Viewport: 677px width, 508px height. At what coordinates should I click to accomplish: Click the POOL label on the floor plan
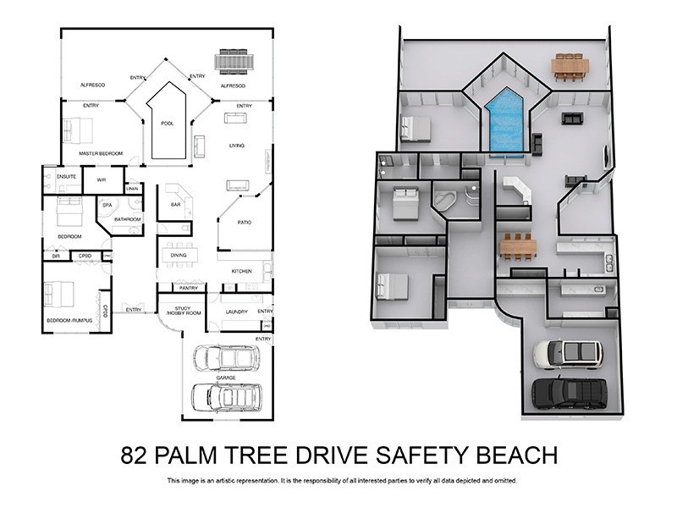click(167, 124)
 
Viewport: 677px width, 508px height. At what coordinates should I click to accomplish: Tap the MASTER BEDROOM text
click(101, 153)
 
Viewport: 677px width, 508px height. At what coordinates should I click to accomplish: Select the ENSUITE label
click(67, 176)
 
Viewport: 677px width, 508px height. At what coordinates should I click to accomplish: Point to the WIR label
click(101, 179)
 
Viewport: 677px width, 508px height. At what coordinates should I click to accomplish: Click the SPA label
click(107, 205)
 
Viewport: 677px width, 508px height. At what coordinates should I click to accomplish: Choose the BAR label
click(176, 204)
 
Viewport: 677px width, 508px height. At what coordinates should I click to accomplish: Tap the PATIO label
click(230, 222)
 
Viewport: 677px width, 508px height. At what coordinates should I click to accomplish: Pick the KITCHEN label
click(241, 271)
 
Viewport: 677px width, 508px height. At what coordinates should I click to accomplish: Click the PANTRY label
click(189, 288)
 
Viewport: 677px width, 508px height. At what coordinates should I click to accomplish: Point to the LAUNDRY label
click(236, 312)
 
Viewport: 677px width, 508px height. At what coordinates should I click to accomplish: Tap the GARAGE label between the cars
click(225, 378)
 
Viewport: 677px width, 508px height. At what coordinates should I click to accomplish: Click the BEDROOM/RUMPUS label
click(69, 320)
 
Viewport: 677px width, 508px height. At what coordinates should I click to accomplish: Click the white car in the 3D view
click(568, 353)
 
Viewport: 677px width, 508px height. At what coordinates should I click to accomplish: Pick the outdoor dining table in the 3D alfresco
click(570, 66)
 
